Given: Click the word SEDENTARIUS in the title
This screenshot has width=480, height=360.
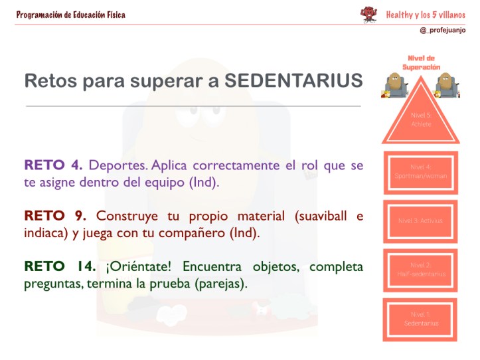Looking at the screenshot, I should click(x=293, y=81).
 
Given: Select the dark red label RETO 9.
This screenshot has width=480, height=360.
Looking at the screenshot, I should click(x=55, y=216).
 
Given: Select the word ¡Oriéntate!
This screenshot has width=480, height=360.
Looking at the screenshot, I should click(x=138, y=267).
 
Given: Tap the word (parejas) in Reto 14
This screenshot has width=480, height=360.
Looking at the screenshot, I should click(x=222, y=284).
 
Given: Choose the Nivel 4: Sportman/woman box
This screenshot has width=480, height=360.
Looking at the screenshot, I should click(x=420, y=171).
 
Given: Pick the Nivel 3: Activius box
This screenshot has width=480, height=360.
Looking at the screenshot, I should click(x=420, y=220).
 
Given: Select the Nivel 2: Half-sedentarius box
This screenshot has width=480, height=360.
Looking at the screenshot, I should click(x=420, y=269).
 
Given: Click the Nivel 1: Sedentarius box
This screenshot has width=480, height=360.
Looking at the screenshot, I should click(x=420, y=319).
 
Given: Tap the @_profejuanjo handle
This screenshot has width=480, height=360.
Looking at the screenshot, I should click(x=442, y=31).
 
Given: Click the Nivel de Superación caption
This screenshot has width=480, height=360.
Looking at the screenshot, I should click(x=421, y=62).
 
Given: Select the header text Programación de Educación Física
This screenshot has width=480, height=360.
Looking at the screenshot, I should click(x=70, y=15).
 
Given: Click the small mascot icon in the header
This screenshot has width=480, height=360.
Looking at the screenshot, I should click(x=368, y=15).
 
